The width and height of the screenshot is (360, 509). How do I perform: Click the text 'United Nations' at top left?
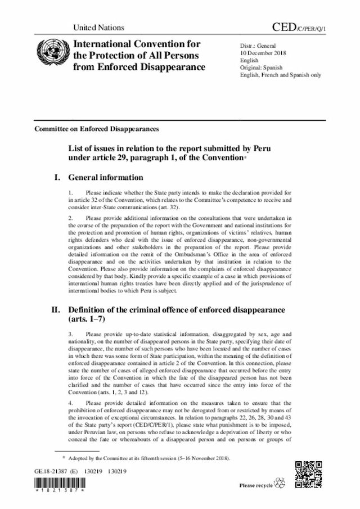tap(99, 28)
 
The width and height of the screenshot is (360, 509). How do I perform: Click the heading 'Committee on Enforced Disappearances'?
tap(97, 129)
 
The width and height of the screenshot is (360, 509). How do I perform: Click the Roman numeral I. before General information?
tap(57, 178)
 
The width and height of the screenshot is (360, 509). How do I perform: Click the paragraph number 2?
tap(70, 217)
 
